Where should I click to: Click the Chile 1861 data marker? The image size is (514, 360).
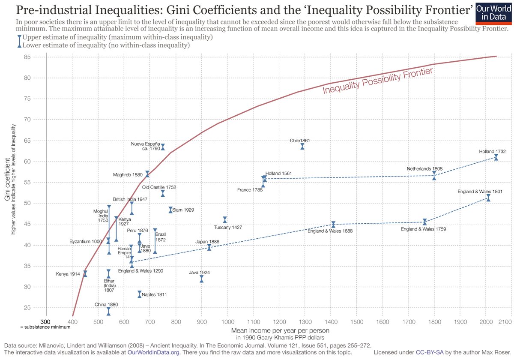[x=302, y=147]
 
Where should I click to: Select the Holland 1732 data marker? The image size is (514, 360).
[x=496, y=157]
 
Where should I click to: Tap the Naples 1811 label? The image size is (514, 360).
[x=155, y=294]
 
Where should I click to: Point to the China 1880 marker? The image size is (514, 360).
[x=108, y=311]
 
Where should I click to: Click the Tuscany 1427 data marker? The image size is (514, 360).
[x=225, y=220]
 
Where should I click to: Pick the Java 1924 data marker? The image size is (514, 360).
[x=201, y=279]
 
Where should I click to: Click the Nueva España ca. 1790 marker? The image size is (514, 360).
[x=163, y=147]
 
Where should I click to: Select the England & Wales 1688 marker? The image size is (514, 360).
[x=333, y=225]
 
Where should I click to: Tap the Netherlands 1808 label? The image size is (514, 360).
[x=425, y=169]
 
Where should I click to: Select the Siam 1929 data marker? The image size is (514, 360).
[x=170, y=210]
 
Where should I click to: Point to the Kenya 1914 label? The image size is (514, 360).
[x=68, y=274]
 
